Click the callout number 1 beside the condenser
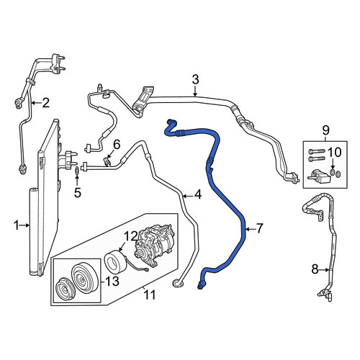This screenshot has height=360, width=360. point(17,225)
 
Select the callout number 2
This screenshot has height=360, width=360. point(45,103)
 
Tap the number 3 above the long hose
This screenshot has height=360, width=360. point(196,79)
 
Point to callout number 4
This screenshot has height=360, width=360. point(198,195)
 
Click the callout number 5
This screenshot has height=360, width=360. point(77,193)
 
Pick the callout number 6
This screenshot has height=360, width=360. point(117,145)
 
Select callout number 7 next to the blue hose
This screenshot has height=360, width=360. point(260,228)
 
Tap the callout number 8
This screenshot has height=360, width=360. point(315,269)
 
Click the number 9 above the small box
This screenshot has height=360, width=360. point(325,131)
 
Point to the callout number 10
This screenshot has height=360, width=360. point(334,152)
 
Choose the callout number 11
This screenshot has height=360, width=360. point(150,294)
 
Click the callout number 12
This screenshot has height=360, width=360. point(131,236)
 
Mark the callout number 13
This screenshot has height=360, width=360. point(112,281)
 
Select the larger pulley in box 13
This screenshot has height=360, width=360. point(85,279)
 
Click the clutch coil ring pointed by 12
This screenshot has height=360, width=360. point(114,261)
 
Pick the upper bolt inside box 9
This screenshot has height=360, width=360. point(316,152)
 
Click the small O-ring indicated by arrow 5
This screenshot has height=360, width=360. point(77,171)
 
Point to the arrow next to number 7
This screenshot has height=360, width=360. point(250,230)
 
